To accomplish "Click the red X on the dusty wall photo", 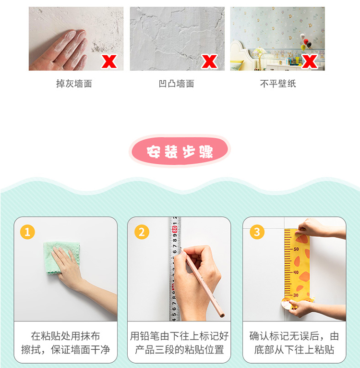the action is tap(109, 61).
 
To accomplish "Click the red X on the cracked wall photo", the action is tap(209, 61).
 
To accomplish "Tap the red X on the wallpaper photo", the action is tap(310, 61).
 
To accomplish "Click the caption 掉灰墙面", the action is tap(74, 84).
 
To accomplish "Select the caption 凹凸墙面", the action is tap(176, 84).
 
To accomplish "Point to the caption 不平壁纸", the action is tap(278, 84).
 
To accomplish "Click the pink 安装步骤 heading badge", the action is tap(180, 151).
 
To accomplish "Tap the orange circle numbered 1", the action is tap(27, 232).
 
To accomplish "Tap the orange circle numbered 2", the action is tap(142, 232).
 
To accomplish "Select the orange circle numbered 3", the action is tap(257, 232).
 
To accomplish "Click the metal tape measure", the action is tap(175, 269).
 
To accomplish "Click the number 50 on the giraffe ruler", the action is tap(296, 249).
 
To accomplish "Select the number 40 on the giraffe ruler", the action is tap(296, 272).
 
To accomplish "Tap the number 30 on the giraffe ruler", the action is tap(296, 295).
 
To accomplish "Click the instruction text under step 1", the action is tap(65, 343).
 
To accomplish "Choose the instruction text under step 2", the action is tap(179, 343).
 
